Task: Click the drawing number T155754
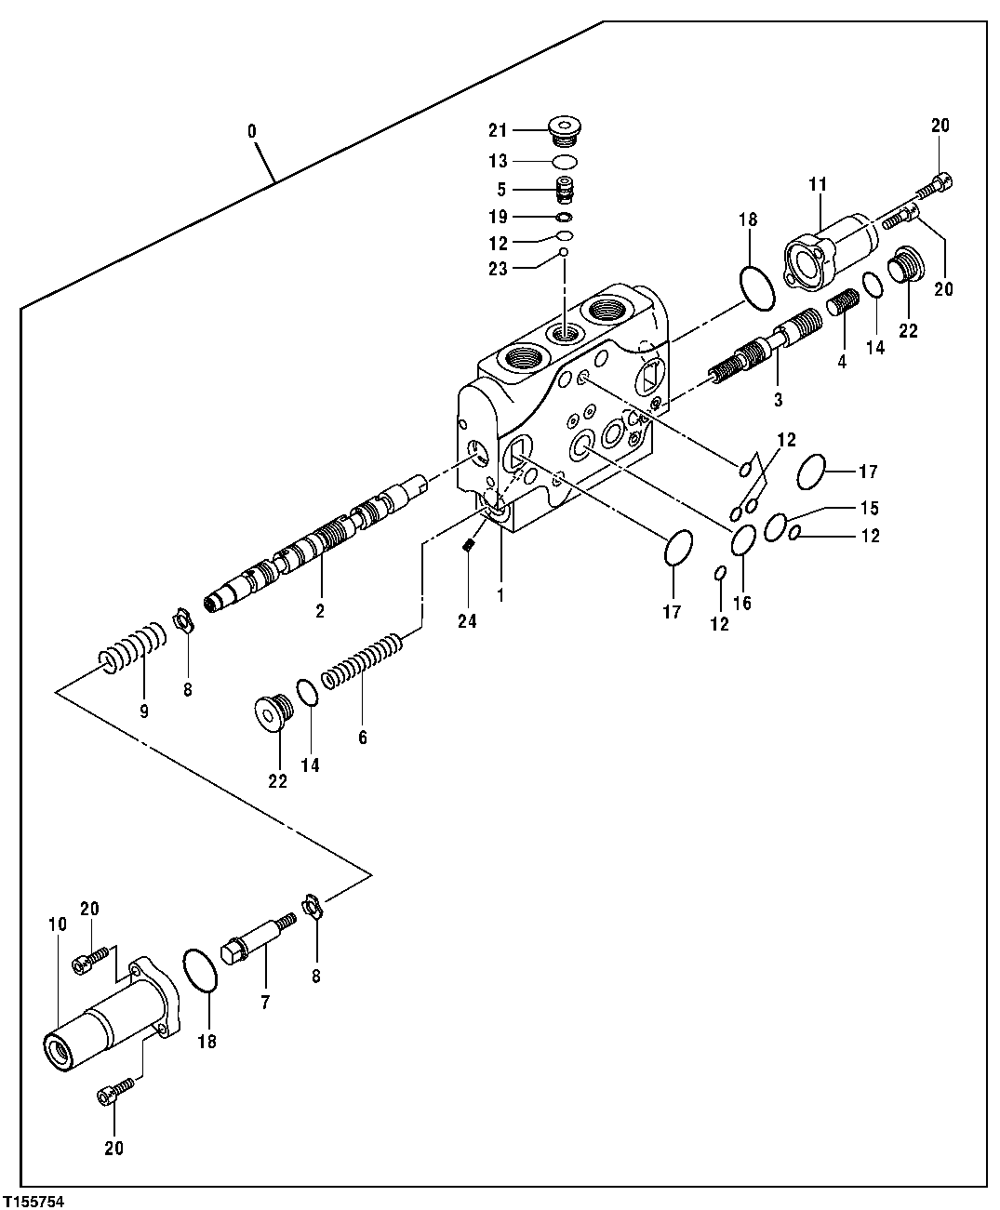pyautogui.click(x=33, y=1202)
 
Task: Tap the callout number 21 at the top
pyautogui.click(x=497, y=128)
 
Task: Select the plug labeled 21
pyautogui.click(x=563, y=131)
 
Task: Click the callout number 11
pyautogui.click(x=818, y=185)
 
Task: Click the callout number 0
pyautogui.click(x=252, y=131)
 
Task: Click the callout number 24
pyautogui.click(x=467, y=621)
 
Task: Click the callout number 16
pyautogui.click(x=741, y=603)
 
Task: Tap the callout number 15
pyautogui.click(x=869, y=508)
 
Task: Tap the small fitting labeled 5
pyautogui.click(x=564, y=190)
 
